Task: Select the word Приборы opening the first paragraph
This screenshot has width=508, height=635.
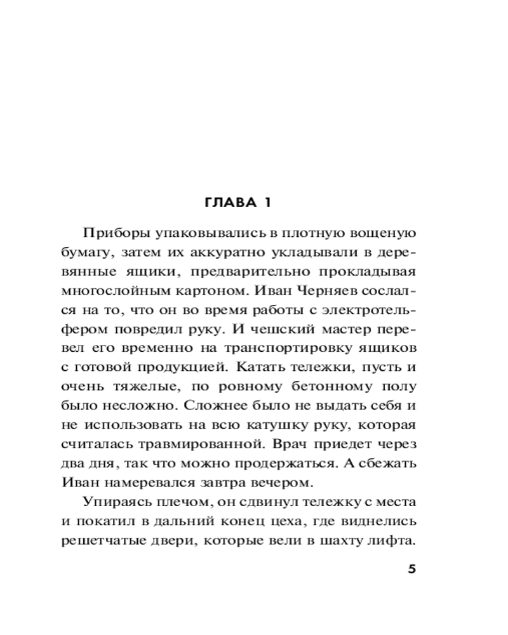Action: click(112, 233)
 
